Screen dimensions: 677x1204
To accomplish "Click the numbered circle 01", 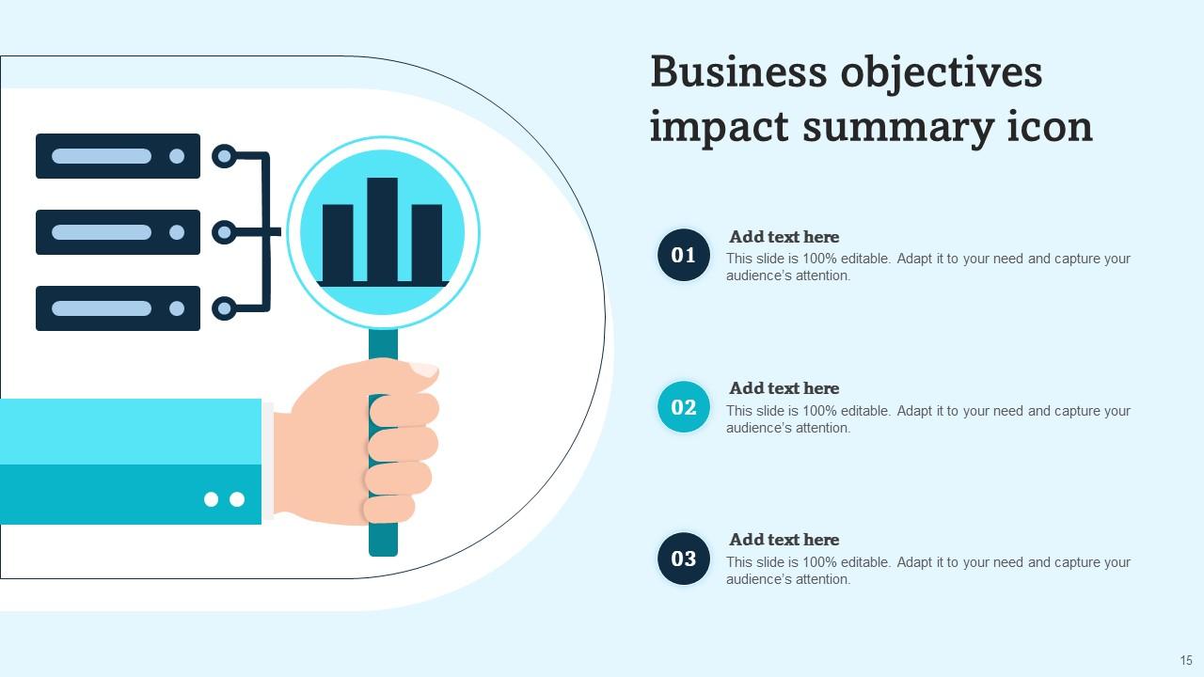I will tap(684, 255).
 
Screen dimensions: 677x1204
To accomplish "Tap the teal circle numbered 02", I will tap(684, 407).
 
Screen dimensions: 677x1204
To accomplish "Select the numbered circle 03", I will tap(684, 559).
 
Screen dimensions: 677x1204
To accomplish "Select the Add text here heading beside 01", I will tap(784, 237).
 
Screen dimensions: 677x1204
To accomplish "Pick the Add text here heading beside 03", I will tap(784, 540).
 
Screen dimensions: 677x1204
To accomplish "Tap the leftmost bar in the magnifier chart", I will tap(338, 242).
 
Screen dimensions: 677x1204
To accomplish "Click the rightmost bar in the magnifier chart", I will tap(427, 242).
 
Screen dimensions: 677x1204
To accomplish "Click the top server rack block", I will tap(118, 156).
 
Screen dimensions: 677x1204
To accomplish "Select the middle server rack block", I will tap(118, 232).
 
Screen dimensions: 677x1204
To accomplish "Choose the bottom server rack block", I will tap(118, 308).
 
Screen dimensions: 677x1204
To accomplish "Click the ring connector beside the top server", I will tap(224, 156).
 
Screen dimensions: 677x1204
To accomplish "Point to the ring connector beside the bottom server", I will tap(224, 308).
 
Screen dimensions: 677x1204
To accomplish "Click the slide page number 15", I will tap(1185, 661).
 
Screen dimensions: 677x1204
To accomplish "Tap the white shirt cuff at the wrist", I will tap(268, 461).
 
